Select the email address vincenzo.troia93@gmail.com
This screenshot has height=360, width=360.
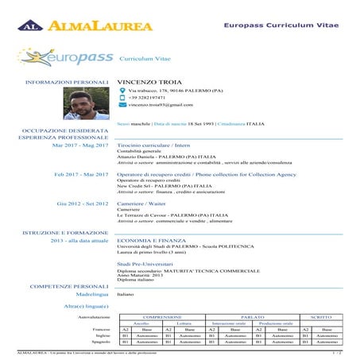click(161, 104)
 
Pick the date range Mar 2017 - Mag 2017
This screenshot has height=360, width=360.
click(80, 146)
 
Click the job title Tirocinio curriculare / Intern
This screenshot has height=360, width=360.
click(159, 146)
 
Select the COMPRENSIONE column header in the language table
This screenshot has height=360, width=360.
click(163, 316)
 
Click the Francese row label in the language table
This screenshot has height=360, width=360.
click(101, 329)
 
